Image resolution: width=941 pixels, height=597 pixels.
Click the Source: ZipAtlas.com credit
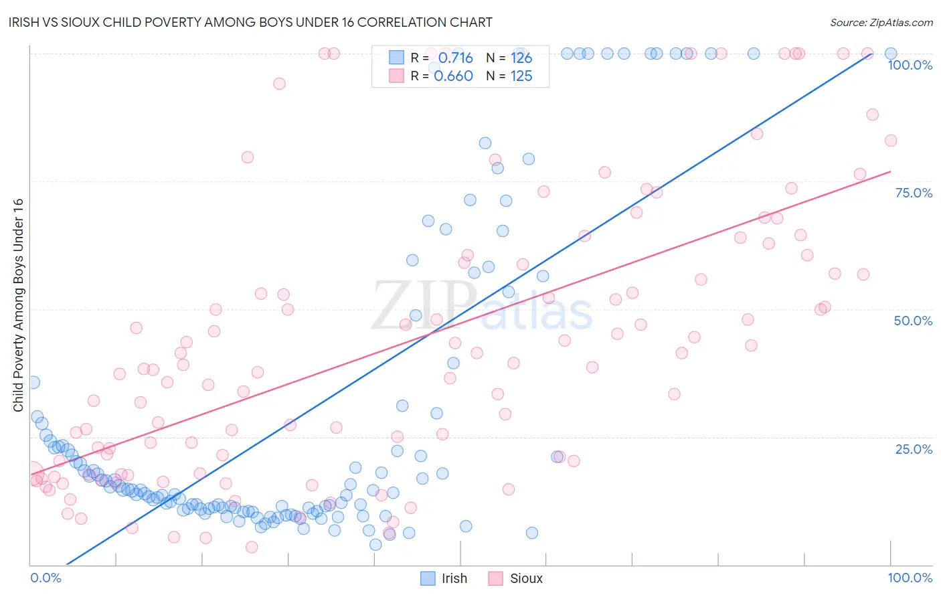(881, 23)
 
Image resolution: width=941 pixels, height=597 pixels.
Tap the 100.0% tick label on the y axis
(910, 65)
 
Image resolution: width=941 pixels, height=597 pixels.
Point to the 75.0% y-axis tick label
(914, 193)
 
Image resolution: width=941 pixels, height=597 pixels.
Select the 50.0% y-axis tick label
(913, 321)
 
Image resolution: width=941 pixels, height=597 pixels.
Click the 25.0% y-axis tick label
(914, 449)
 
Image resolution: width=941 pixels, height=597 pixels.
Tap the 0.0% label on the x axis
(46, 578)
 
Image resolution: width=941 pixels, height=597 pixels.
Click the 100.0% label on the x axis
(910, 578)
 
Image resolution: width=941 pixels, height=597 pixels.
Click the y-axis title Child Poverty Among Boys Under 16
(19, 305)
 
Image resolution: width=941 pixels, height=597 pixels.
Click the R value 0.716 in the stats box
(455, 58)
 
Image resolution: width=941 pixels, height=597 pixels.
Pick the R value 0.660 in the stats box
(453, 76)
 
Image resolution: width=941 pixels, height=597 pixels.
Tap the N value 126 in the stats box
(521, 58)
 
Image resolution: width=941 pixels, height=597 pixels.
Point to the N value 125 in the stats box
(521, 76)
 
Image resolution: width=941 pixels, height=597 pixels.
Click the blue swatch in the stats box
(397, 58)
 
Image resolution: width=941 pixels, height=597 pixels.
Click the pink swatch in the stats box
(397, 76)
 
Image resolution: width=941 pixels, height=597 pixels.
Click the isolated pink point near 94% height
(279, 84)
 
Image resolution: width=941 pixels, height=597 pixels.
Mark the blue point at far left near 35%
(33, 382)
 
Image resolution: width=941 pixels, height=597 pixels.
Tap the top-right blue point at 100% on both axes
(891, 54)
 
